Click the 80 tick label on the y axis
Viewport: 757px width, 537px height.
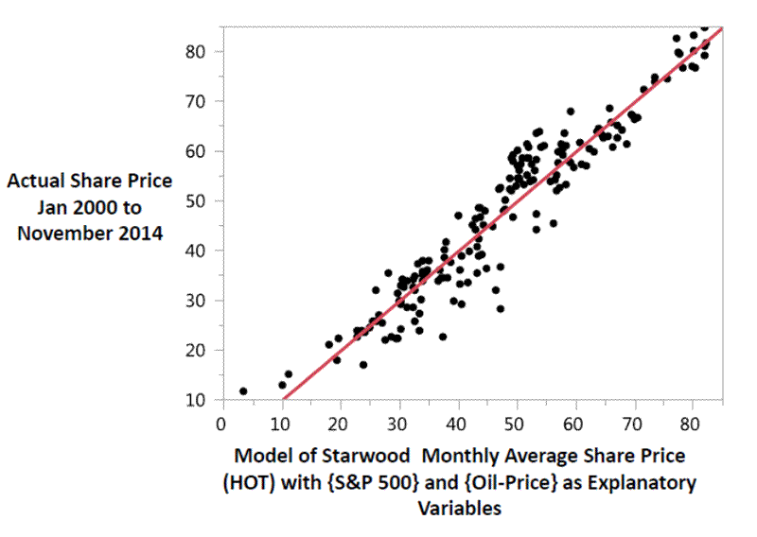pyautogui.click(x=196, y=51)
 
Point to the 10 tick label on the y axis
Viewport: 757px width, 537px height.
pyautogui.click(x=196, y=400)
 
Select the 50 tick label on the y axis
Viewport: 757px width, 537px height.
pyautogui.click(x=196, y=200)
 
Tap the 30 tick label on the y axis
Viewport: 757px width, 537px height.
pyautogui.click(x=196, y=301)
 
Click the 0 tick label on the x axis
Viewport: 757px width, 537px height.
pyautogui.click(x=220, y=424)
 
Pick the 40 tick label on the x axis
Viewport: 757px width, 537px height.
pyautogui.click(x=457, y=424)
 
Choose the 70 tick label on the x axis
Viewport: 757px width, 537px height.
pyautogui.click(x=634, y=424)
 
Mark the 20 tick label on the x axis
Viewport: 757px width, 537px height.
pyautogui.click(x=339, y=424)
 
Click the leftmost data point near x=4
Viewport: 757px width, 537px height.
pyautogui.click(x=243, y=390)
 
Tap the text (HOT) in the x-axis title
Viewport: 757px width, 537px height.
pyautogui.click(x=248, y=483)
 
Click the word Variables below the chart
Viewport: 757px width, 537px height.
pyautogui.click(x=459, y=509)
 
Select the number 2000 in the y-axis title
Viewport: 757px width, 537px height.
pyautogui.click(x=117, y=205)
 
